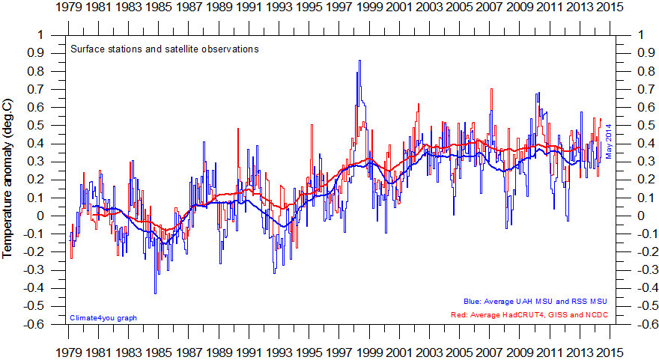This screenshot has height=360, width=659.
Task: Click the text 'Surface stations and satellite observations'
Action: (164, 49)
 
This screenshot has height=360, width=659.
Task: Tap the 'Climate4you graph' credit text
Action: (103, 318)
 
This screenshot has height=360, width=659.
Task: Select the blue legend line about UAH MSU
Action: (535, 301)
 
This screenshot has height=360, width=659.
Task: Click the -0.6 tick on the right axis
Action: (645, 325)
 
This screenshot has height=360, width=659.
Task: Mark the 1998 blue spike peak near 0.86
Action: (359, 61)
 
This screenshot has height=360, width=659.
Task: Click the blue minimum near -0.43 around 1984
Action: (155, 293)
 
